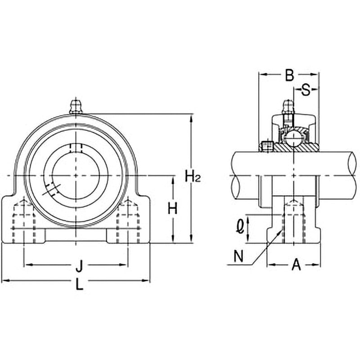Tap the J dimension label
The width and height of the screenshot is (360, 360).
tap(79, 266)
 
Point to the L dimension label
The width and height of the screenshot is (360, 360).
tap(80, 284)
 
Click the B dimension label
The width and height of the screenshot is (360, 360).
tap(289, 75)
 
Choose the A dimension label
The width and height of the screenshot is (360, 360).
tap(296, 265)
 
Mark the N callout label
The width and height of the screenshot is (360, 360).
tap(238, 256)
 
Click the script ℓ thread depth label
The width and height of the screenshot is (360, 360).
tap(240, 226)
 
